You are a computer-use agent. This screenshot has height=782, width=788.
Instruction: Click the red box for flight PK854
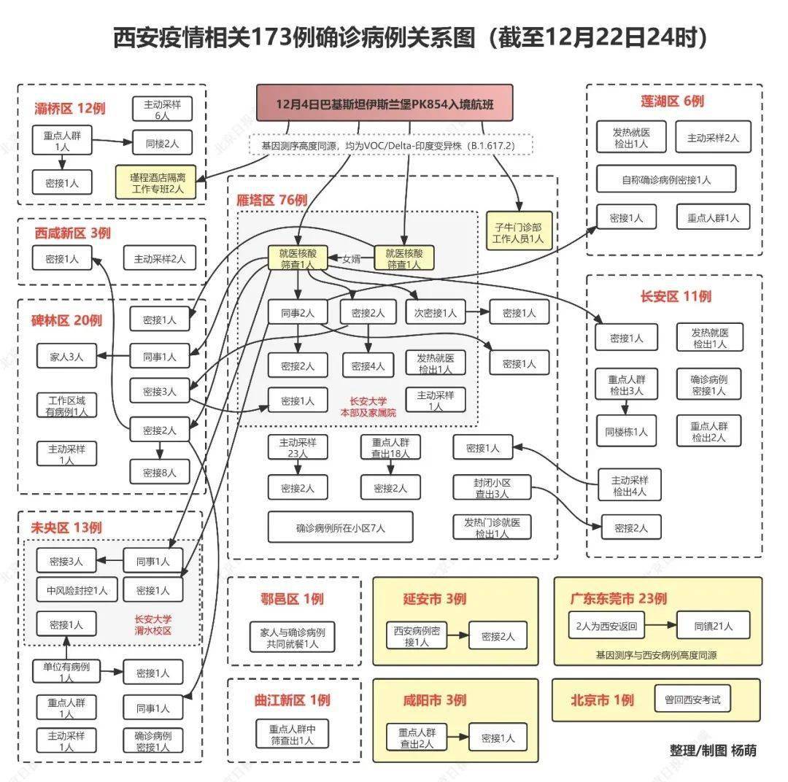[x=384, y=104]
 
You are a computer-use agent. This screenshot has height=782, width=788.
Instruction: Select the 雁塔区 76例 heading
[x=271, y=200]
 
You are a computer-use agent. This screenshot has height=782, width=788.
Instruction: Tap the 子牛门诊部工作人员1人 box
[x=519, y=231]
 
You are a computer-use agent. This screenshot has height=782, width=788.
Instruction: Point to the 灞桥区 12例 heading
[x=70, y=109]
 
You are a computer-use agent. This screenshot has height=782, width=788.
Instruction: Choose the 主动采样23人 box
[x=298, y=447]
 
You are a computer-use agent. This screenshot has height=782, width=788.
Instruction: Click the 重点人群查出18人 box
[x=390, y=447]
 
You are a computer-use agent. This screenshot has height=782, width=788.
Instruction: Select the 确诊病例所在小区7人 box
[x=340, y=527]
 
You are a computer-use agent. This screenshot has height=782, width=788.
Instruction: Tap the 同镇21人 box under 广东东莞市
[x=713, y=626]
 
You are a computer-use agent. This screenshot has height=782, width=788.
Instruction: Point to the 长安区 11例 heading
[x=676, y=296]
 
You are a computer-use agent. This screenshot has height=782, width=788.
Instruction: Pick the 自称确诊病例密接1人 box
[x=665, y=179]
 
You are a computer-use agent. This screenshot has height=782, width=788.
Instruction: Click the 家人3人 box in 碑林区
[x=66, y=357]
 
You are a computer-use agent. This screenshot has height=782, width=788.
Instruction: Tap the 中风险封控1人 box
[x=77, y=590]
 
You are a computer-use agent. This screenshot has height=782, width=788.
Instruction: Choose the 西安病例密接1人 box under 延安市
[x=417, y=636]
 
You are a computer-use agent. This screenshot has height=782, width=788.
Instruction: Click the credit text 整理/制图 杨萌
[x=713, y=750]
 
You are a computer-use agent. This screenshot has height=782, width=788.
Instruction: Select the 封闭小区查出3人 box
[x=492, y=488]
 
